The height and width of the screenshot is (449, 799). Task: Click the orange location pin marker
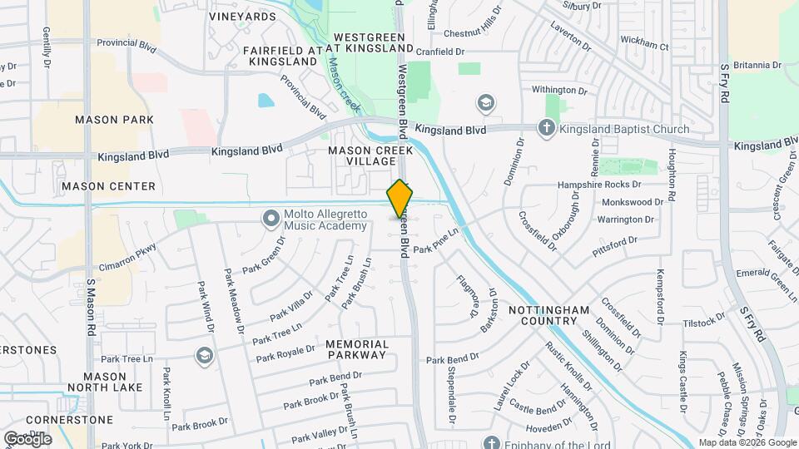pyautogui.click(x=399, y=200)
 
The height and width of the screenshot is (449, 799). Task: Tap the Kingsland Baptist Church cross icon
pyautogui.click(x=546, y=128)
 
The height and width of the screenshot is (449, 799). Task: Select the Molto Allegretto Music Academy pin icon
pyautogui.click(x=270, y=219)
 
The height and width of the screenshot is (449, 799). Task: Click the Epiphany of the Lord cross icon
pyautogui.click(x=491, y=442)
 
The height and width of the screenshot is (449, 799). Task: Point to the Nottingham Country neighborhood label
pyautogui.click(x=543, y=315)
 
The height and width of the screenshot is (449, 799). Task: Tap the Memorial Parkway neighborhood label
pyautogui.click(x=357, y=349)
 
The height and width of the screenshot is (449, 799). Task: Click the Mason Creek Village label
pyautogui.click(x=360, y=156)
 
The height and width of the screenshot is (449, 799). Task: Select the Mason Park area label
pyautogui.click(x=114, y=120)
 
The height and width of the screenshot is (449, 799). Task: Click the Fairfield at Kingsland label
pyautogui.click(x=282, y=56)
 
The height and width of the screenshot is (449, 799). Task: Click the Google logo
pyautogui.click(x=27, y=438)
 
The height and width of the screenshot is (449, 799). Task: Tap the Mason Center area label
pyautogui.click(x=108, y=186)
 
